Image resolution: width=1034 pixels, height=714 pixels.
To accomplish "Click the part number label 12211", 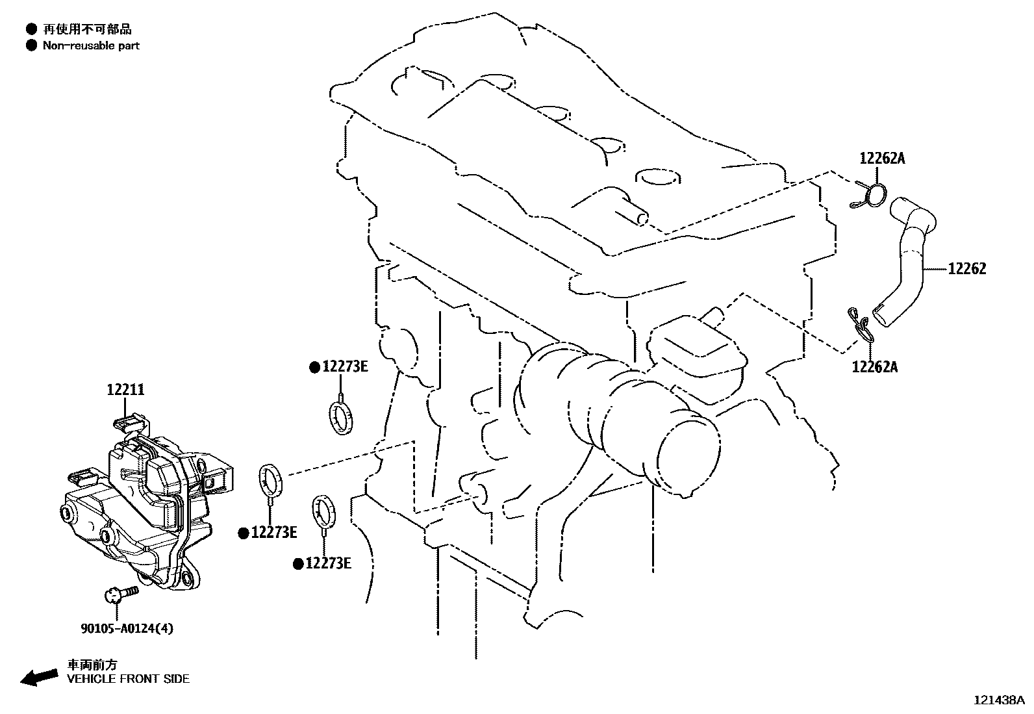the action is coord(125,390).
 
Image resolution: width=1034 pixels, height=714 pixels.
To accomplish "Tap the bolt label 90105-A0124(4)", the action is coord(127,628).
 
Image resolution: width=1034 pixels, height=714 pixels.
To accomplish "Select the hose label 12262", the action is coord(967,269).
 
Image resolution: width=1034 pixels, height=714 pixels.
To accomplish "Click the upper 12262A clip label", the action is coord(882,159).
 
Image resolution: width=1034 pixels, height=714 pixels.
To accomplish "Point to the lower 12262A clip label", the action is coord(875,367).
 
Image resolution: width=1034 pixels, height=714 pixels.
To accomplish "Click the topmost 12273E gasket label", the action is coord(346,366).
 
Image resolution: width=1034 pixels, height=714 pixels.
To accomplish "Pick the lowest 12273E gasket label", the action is coord(328,563).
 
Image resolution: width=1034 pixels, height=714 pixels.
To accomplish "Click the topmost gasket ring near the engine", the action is coord(341,418).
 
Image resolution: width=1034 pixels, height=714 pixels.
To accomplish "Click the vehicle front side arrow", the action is coord(39,677).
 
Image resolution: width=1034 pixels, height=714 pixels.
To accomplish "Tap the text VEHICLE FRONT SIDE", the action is coord(129,679).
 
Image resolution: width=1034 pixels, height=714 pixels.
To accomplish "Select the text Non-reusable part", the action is coord(91,45).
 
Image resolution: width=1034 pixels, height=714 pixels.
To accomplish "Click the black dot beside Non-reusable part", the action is coord(31,45).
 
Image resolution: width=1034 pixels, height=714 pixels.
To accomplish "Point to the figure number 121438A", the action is coord(999,700).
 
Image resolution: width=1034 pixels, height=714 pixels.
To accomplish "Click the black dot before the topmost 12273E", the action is coord(315,368).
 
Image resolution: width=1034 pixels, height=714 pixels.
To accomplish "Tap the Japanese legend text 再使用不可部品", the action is coord(87,29).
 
